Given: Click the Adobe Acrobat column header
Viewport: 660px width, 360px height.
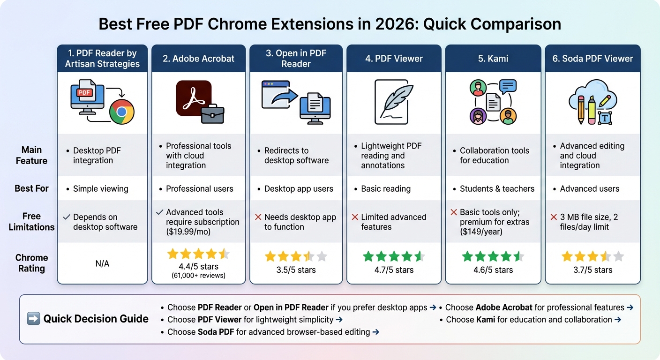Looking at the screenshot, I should click(x=198, y=59).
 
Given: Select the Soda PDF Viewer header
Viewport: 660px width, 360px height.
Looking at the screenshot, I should click(x=592, y=59).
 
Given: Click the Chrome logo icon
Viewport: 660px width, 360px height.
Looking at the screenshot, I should click(x=122, y=112).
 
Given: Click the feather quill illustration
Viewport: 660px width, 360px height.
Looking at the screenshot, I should click(x=396, y=99).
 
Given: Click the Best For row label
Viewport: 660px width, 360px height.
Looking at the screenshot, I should click(x=31, y=188).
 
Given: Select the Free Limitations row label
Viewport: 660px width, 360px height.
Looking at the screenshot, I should click(x=31, y=222).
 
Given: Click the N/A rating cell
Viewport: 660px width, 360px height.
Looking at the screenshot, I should click(x=102, y=264).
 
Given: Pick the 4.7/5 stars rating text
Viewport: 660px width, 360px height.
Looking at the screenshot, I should click(x=394, y=270).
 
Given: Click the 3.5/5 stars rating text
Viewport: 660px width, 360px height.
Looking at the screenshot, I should click(x=296, y=270).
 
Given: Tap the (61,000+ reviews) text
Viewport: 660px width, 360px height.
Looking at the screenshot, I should click(x=198, y=275).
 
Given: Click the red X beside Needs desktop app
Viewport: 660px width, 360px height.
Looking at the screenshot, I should click(x=258, y=217).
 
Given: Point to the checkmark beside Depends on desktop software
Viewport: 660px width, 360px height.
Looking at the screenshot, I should click(x=67, y=217).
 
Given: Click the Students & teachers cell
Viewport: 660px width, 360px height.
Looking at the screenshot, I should click(x=497, y=189).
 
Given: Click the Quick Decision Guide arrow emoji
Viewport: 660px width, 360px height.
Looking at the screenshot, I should click(x=33, y=319).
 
